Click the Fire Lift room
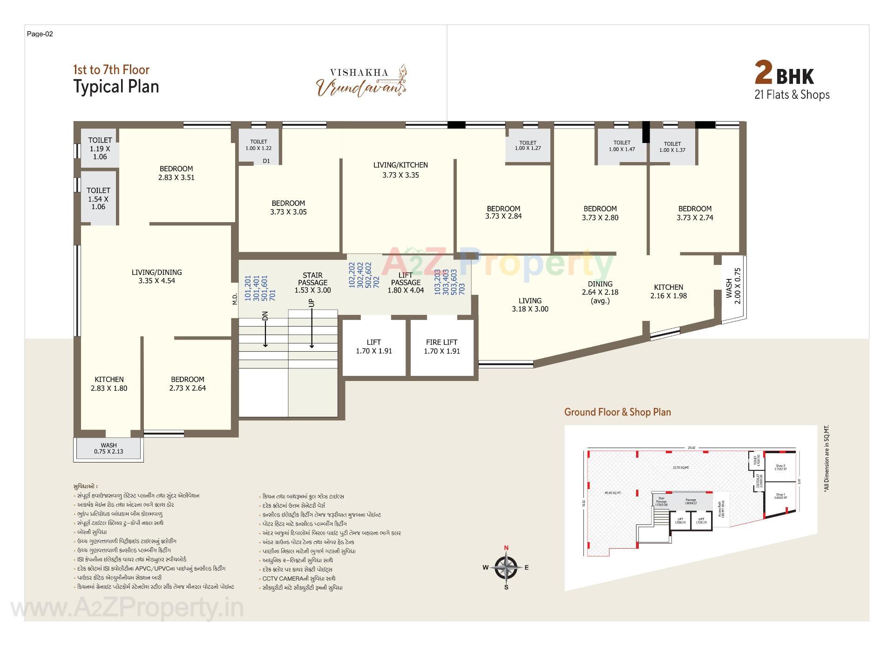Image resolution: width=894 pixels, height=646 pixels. pos(441,347)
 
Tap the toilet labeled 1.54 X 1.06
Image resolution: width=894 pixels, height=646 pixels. pos(98,198)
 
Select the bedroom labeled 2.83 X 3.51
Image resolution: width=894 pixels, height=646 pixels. pos(176,173)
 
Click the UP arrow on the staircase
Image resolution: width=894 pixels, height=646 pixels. pos(312,326)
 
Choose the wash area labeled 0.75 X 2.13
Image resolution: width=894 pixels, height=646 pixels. pos(108,449)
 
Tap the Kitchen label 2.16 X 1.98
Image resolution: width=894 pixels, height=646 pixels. pos(668,292)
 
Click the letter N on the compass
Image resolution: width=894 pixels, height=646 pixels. pos(506,548)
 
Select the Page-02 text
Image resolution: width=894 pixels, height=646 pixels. pos(40,34)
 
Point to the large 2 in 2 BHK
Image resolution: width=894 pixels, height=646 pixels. pos(763,74)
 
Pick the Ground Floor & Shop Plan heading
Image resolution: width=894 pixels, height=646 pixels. pos(617,412)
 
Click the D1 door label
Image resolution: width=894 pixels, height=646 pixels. pos(266,161)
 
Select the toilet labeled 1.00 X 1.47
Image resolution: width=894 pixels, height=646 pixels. pos(622,146)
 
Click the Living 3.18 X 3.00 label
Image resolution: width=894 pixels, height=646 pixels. pos(530,305)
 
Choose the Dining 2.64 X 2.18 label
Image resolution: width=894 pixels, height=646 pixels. pos(600,292)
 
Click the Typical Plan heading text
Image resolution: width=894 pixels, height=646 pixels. pos(116,87)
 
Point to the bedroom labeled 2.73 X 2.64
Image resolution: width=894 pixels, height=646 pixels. pos(187,384)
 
